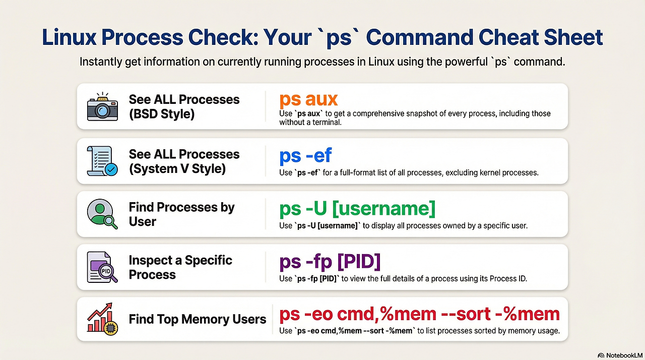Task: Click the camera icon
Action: (102, 106)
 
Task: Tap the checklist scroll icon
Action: (102, 161)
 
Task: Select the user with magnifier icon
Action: (102, 214)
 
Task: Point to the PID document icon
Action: (102, 267)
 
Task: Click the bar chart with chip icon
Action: (102, 319)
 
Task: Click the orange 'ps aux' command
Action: (308, 100)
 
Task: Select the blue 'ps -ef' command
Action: (305, 155)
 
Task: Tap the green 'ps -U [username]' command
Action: (357, 209)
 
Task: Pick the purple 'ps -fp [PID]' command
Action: (330, 262)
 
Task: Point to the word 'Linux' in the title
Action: (69, 37)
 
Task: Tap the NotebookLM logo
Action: (620, 355)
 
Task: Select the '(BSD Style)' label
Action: (162, 114)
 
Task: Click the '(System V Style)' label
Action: (177, 168)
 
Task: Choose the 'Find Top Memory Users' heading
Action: (197, 319)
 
